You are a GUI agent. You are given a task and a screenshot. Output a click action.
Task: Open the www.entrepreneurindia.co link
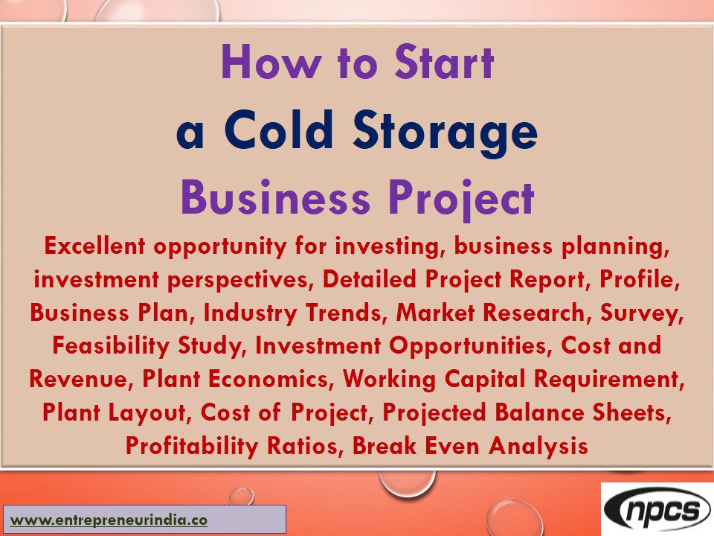(x=109, y=520)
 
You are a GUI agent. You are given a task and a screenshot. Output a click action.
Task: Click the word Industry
(x=249, y=313)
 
